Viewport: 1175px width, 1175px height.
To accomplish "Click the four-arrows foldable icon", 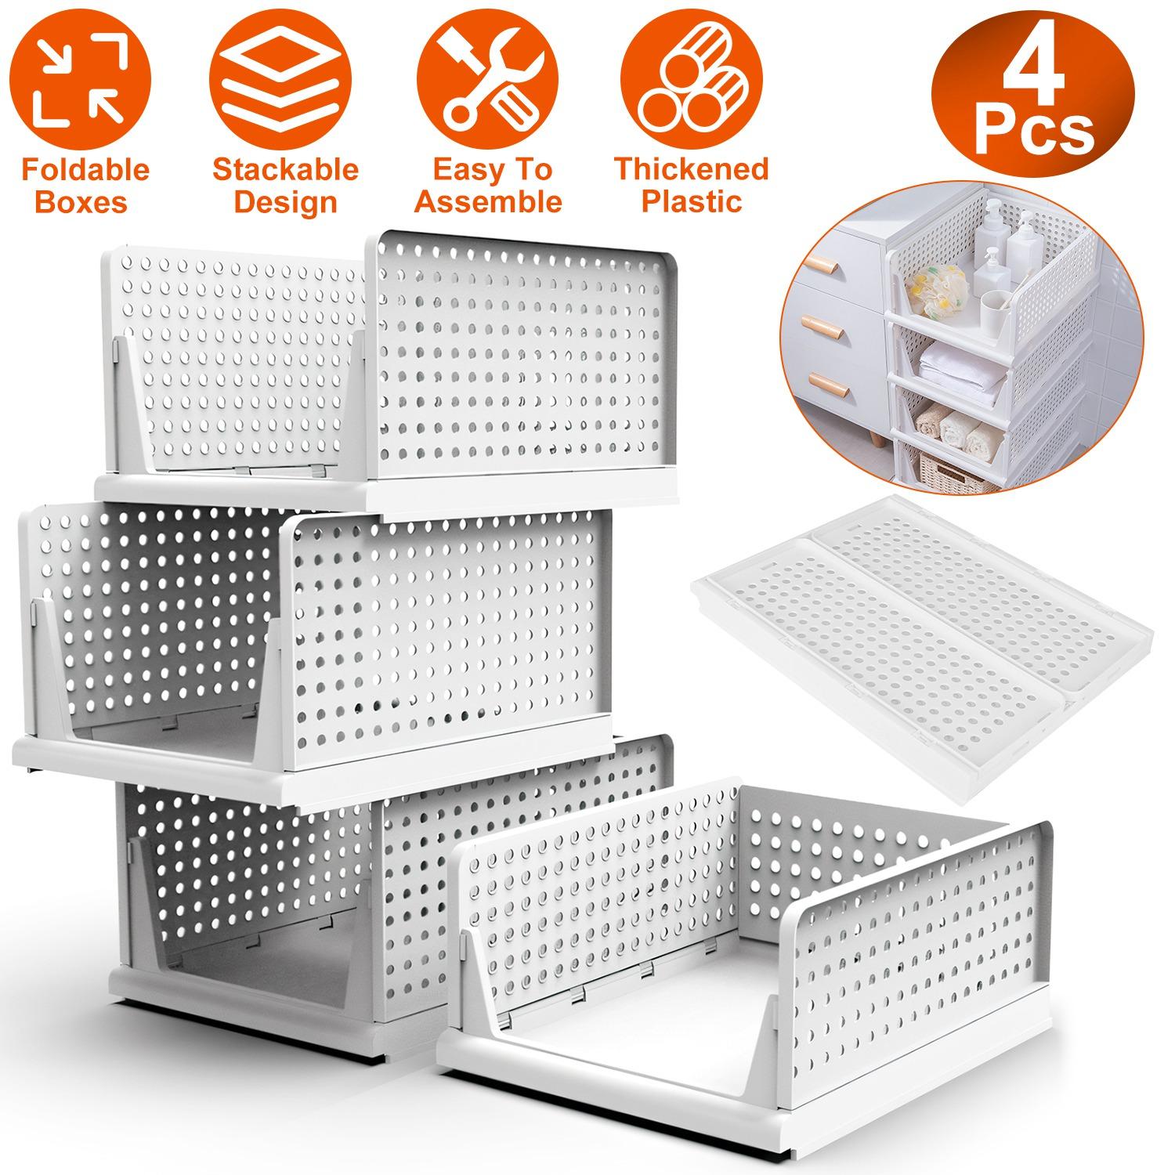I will click(82, 78).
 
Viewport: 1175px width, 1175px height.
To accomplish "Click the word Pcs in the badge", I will click(1034, 132).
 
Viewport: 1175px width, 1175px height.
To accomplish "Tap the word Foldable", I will click(85, 169).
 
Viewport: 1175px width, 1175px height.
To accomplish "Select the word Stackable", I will click(285, 169).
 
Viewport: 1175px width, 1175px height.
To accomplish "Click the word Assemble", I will click(488, 202).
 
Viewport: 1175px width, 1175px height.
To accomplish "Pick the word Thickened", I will click(691, 169).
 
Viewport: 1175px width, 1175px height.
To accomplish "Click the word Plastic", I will click(691, 202).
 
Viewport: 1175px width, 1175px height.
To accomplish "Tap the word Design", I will click(285, 202).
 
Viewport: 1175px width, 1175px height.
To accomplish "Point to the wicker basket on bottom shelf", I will click(952, 474).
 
